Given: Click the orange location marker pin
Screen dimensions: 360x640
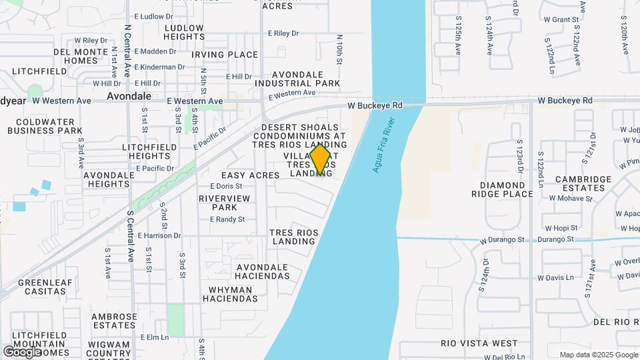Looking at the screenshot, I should click(x=321, y=159).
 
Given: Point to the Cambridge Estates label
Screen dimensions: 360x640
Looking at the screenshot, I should click(x=583, y=183).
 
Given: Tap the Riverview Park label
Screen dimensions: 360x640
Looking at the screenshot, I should click(x=224, y=203).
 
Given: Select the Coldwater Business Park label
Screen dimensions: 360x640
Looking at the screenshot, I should click(x=45, y=126).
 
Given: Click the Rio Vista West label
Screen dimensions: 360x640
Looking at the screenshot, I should click(x=479, y=343).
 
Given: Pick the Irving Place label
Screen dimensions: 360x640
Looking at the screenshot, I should click(x=225, y=55).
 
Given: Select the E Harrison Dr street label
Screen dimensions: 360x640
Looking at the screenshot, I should click(x=159, y=235).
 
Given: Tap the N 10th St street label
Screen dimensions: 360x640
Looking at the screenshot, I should click(x=339, y=49).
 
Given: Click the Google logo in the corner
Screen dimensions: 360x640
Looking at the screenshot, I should click(x=22, y=351).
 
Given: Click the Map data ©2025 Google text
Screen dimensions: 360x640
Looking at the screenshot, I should click(x=598, y=355).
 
